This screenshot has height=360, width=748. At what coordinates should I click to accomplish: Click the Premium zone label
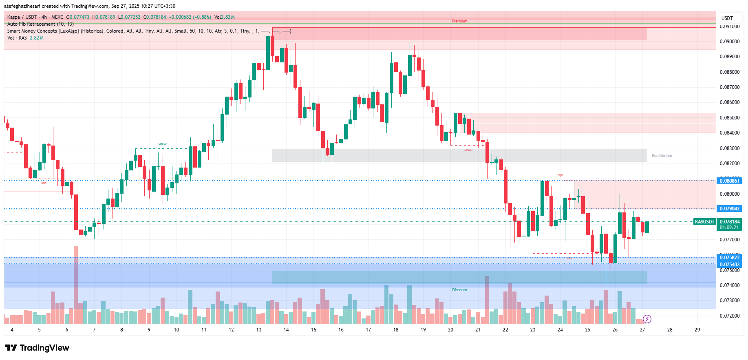coord(459,21)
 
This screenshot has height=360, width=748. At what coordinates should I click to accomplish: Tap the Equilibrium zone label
coord(662,156)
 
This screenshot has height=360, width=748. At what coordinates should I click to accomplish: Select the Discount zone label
coord(459,290)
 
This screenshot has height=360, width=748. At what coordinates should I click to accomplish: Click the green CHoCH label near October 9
coord(163,144)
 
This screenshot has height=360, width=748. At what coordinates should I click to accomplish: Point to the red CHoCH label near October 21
coord(469,150)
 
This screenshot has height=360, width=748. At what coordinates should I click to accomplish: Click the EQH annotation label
coord(560,175)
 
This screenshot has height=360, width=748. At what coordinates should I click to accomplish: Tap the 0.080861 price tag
coord(729,181)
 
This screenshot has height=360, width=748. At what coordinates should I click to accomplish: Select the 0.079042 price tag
coord(729,209)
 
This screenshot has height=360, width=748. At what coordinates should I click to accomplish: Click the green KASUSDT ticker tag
coord(705,222)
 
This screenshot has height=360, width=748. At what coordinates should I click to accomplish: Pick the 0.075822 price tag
coord(729,258)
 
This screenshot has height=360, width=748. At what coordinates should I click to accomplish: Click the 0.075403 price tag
coord(729,265)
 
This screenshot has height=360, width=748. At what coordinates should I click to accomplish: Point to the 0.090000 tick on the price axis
coord(729,42)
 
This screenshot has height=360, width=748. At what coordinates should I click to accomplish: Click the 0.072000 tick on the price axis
coord(729,316)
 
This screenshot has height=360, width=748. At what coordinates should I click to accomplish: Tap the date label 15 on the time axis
coord(313,330)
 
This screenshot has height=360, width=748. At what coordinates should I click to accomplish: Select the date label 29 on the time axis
coord(697,330)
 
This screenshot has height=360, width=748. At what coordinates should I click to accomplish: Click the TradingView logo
coord(37,348)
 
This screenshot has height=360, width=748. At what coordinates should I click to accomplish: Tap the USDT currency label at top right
coord(727,18)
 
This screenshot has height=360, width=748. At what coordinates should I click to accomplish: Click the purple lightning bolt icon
coord(647,319)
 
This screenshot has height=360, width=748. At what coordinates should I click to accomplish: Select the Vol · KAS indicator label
coord(17,38)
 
